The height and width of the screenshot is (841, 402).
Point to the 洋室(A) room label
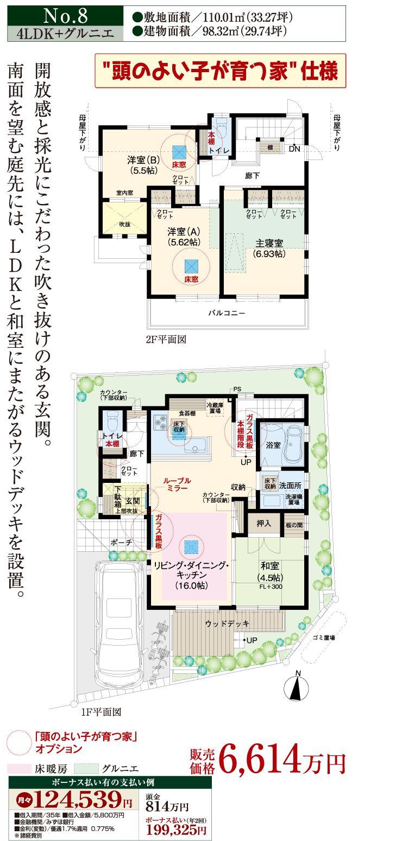pos(183,237)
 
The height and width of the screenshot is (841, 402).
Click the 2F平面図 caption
pos(166,340)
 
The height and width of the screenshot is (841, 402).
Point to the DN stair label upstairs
pos(294,149)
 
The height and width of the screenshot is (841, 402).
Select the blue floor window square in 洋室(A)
pos(191,266)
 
